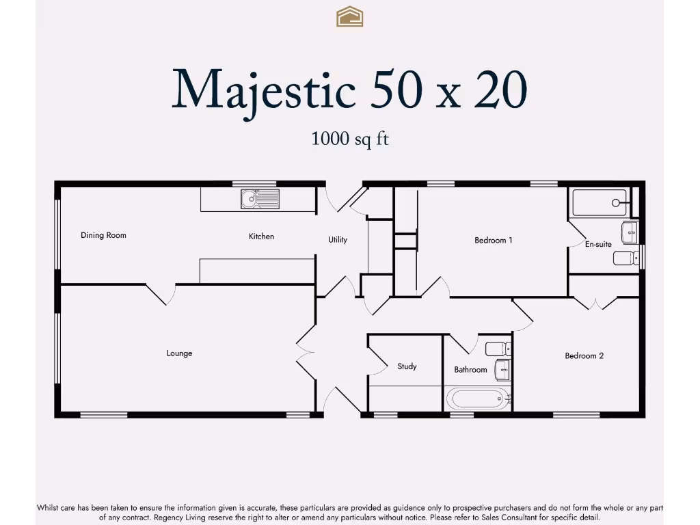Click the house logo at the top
pos(349,16)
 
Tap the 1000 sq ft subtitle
pos(350,139)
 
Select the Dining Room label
pos(103,235)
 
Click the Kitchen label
pos(261,237)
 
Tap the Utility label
pos(338,240)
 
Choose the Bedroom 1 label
pos(494,241)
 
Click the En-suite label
pos(598,244)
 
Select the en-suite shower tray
pos(600,203)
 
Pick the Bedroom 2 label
pos(584,355)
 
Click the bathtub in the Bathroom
pos(478,398)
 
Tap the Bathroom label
pos(470,370)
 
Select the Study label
pos(407,366)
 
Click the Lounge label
pos(179,353)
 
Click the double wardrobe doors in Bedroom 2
pos(595,302)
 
